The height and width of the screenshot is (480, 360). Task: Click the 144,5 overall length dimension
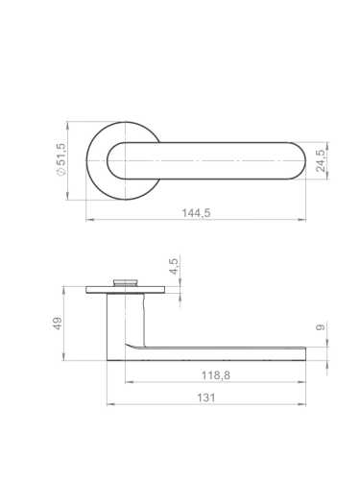(196, 213)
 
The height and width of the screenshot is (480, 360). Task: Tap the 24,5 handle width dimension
(321, 160)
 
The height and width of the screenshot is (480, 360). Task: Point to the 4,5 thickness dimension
(174, 266)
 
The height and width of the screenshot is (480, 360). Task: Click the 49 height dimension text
(58, 324)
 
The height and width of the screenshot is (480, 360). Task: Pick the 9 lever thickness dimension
(321, 327)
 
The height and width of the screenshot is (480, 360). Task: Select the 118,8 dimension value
(216, 375)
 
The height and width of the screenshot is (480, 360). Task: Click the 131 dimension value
(206, 397)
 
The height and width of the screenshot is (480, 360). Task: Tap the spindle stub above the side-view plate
(126, 282)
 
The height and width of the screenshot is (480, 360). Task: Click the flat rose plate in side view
(126, 290)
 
